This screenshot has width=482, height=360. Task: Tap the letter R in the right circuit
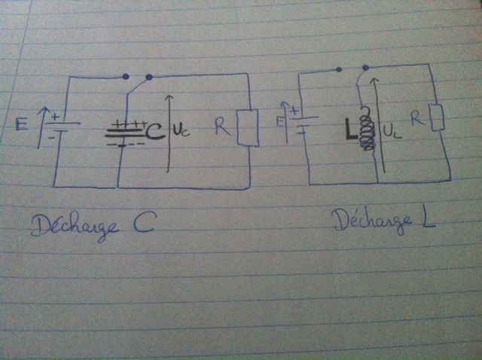[x=414, y=118]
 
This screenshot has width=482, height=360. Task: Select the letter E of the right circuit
[x=280, y=118]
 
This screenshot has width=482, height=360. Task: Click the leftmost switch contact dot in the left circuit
[x=125, y=77]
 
